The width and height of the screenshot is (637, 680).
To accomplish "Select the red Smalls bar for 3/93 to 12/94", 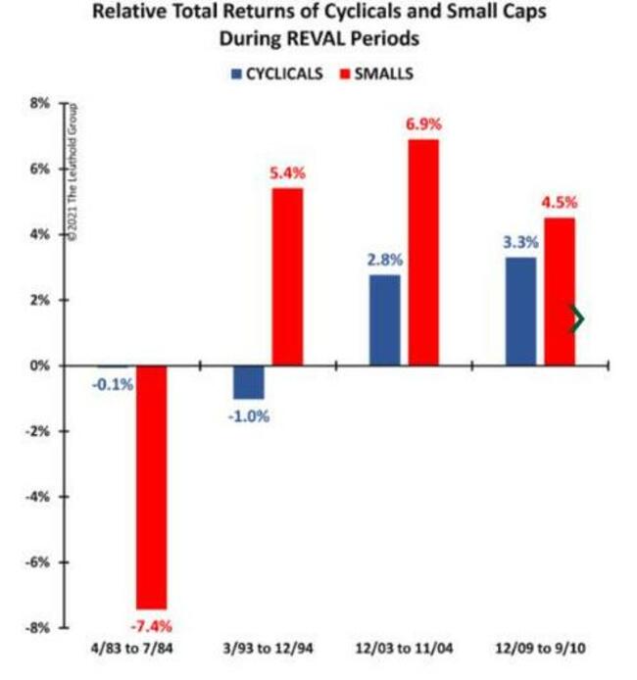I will tap(287, 276).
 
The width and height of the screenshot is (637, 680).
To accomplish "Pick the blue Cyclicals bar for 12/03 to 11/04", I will tap(385, 319).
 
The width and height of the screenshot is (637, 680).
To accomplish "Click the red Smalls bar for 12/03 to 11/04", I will tap(423, 252).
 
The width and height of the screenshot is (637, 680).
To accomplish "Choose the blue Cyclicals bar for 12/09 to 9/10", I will tap(520, 311).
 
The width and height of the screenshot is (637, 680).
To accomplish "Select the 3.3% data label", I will tap(520, 241).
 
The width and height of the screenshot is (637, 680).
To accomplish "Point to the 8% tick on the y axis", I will tap(38, 103).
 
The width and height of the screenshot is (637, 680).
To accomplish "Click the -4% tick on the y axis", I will tap(35, 497).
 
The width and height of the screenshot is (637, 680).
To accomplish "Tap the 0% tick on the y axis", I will tap(38, 365).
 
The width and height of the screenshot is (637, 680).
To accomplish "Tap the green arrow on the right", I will tap(578, 319).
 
